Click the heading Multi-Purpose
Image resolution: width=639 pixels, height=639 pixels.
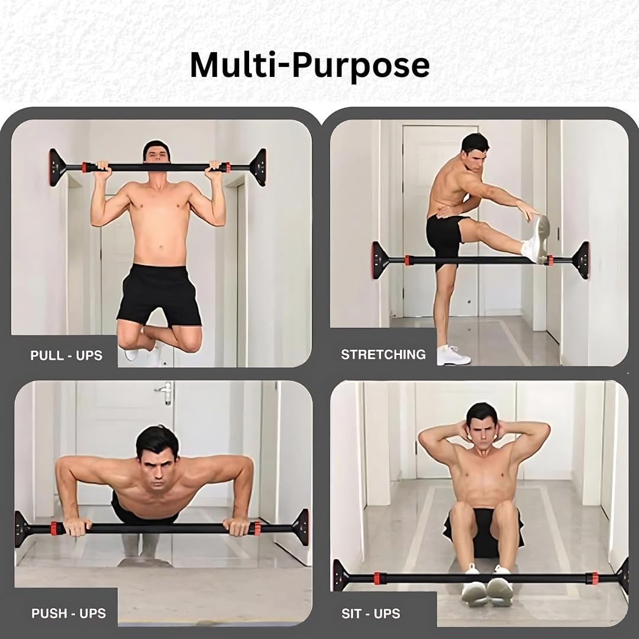(309, 65)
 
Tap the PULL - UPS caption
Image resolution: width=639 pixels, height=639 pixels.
(66, 356)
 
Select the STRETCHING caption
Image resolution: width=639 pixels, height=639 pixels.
(383, 354)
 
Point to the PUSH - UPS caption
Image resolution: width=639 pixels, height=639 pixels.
(69, 614)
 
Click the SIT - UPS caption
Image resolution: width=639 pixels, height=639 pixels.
(371, 614)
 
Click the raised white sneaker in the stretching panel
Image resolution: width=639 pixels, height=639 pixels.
(536, 239)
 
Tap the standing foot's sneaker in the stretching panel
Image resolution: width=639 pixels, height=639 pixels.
(453, 355)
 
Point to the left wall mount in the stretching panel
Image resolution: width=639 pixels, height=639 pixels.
(380, 260)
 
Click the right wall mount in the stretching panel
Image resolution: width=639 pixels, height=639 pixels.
(580, 260)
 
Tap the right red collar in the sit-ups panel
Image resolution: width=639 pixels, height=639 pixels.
(592, 578)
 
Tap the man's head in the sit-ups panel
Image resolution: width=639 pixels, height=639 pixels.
(482, 425)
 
